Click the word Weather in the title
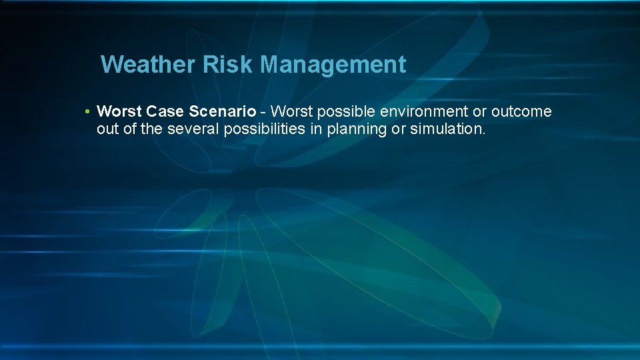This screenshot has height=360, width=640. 139,65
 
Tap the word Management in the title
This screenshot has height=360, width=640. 333,65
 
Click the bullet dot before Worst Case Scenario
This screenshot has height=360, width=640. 87,111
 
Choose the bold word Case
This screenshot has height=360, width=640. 161,111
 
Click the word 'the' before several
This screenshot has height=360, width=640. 151,129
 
